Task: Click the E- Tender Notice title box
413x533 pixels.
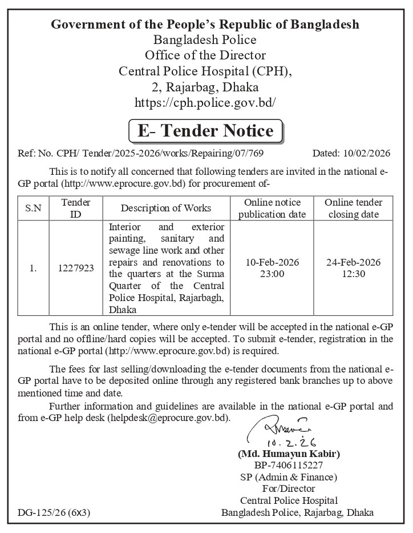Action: click(205, 131)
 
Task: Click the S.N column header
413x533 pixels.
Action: click(33, 208)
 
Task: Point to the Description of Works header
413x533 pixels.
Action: click(166, 208)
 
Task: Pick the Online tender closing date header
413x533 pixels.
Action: click(353, 208)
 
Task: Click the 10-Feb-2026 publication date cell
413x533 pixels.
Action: click(272, 267)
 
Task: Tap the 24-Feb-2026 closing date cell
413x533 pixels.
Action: click(353, 267)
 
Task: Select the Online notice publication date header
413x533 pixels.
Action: click(272, 208)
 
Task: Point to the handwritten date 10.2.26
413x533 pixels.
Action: click(291, 442)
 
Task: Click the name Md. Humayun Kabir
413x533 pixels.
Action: click(289, 454)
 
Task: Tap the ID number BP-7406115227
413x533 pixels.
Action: click(289, 466)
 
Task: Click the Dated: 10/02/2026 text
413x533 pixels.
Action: click(351, 153)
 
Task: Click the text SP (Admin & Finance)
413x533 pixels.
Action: click(289, 477)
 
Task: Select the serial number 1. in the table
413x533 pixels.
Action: click(33, 267)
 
